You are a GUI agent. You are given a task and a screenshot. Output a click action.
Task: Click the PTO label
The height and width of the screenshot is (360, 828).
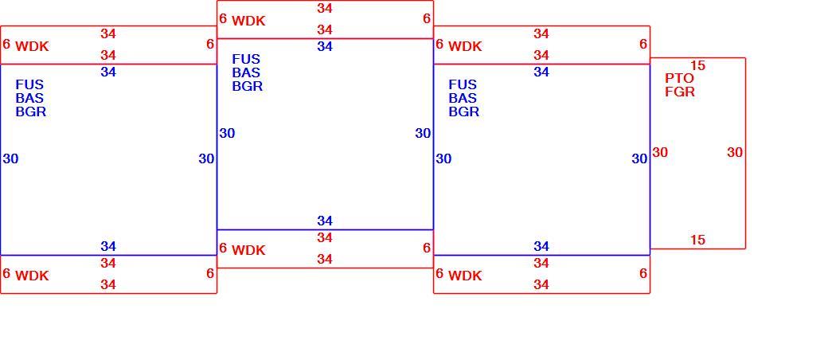pyautogui.click(x=679, y=78)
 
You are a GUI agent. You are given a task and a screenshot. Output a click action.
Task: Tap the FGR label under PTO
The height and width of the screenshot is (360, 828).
pyautogui.click(x=680, y=92)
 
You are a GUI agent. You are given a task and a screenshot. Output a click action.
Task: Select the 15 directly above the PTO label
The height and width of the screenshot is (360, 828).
pyautogui.click(x=697, y=65)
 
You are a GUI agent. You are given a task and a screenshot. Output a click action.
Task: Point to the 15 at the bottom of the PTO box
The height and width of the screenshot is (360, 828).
pyautogui.click(x=697, y=240)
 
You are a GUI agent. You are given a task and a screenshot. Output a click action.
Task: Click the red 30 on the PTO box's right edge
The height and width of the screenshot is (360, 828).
pyautogui.click(x=735, y=153)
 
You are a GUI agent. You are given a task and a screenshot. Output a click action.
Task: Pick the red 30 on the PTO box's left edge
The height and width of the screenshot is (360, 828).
pyautogui.click(x=660, y=153)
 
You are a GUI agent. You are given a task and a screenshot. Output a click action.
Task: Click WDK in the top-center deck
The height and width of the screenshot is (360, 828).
pyautogui.click(x=248, y=22)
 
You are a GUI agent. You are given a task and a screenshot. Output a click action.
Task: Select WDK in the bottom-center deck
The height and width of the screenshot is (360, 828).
pyautogui.click(x=248, y=251)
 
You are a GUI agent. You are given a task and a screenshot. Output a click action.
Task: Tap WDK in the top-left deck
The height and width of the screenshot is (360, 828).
pyautogui.click(x=32, y=46)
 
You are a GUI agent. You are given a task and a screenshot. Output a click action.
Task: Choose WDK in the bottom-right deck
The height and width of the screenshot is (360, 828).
pyautogui.click(x=465, y=276)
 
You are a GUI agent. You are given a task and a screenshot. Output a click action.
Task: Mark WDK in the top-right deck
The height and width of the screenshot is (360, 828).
pyautogui.click(x=465, y=46)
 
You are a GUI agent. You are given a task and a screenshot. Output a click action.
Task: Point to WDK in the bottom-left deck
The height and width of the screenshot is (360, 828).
pyautogui.click(x=32, y=276)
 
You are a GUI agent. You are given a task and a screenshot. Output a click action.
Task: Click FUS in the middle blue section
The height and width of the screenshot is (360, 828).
pyautogui.click(x=246, y=59)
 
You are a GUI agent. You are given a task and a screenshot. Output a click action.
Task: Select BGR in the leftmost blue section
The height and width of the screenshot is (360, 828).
pyautogui.click(x=30, y=112)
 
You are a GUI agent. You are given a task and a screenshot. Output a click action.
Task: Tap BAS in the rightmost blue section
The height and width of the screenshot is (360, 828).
pyautogui.click(x=463, y=98)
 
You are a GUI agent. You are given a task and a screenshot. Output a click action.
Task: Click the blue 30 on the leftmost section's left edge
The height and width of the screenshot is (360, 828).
pyautogui.click(x=10, y=159)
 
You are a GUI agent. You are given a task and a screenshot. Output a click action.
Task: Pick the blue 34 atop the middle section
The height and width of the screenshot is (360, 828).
pyautogui.click(x=325, y=46)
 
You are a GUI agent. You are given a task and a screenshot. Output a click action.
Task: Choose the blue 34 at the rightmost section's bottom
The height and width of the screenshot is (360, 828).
pyautogui.click(x=541, y=246)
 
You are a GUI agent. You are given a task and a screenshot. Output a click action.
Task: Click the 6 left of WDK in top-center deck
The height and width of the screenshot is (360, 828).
pyautogui.click(x=223, y=19)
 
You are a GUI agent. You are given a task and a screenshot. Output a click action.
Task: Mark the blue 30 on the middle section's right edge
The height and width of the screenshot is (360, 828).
pyautogui.click(x=423, y=134)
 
